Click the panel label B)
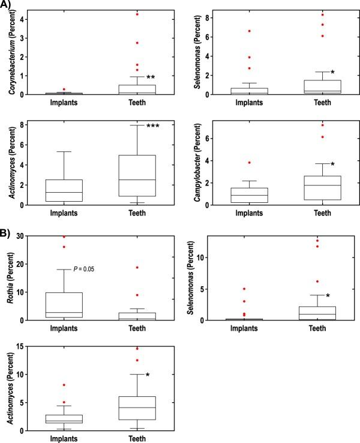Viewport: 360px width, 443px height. (8, 228)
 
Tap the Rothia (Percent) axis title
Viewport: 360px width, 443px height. (11, 278)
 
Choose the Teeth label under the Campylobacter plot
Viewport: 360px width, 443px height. (322, 213)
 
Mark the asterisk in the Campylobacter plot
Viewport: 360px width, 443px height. (332, 164)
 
